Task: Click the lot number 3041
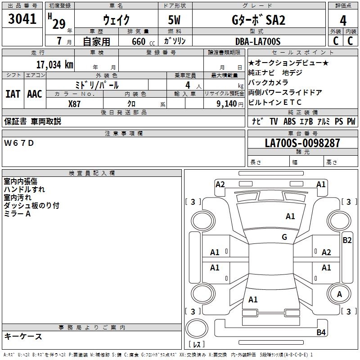pyautogui.click(x=22, y=19)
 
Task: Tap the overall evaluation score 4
pyautogui.click(x=343, y=20)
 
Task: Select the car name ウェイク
pyautogui.click(x=116, y=20)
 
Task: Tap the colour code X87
pyautogui.click(x=75, y=103)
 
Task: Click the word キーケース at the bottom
pyautogui.click(x=23, y=336)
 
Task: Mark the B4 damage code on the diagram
pyautogui.click(x=321, y=333)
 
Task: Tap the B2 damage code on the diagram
pyautogui.click(x=346, y=240)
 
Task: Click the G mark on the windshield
pyautogui.click(x=284, y=237)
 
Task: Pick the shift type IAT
pyautogui.click(x=12, y=94)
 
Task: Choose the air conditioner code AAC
pyautogui.click(x=35, y=94)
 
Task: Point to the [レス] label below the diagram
pyautogui.click(x=196, y=345)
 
